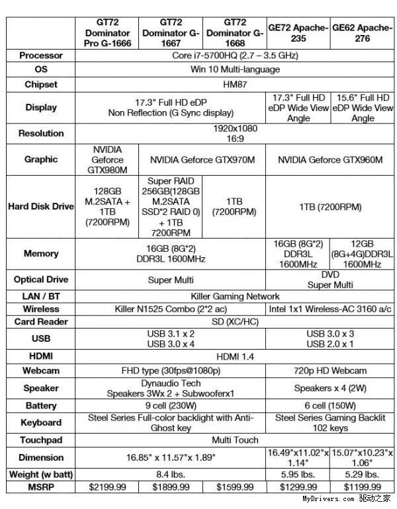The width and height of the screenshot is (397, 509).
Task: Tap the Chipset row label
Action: [x=41, y=85]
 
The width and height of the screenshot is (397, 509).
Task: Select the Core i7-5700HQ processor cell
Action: [x=236, y=56]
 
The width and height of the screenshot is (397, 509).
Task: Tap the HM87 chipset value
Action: [x=236, y=85]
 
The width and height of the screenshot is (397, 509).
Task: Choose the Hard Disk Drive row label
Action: [x=41, y=206]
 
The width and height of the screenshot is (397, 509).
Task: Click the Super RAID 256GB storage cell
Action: [x=172, y=206]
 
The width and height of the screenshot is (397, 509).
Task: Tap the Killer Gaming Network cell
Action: [x=236, y=296]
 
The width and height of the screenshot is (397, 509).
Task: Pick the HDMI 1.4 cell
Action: [x=236, y=356]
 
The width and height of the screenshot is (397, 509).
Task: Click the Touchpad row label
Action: [x=41, y=440]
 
